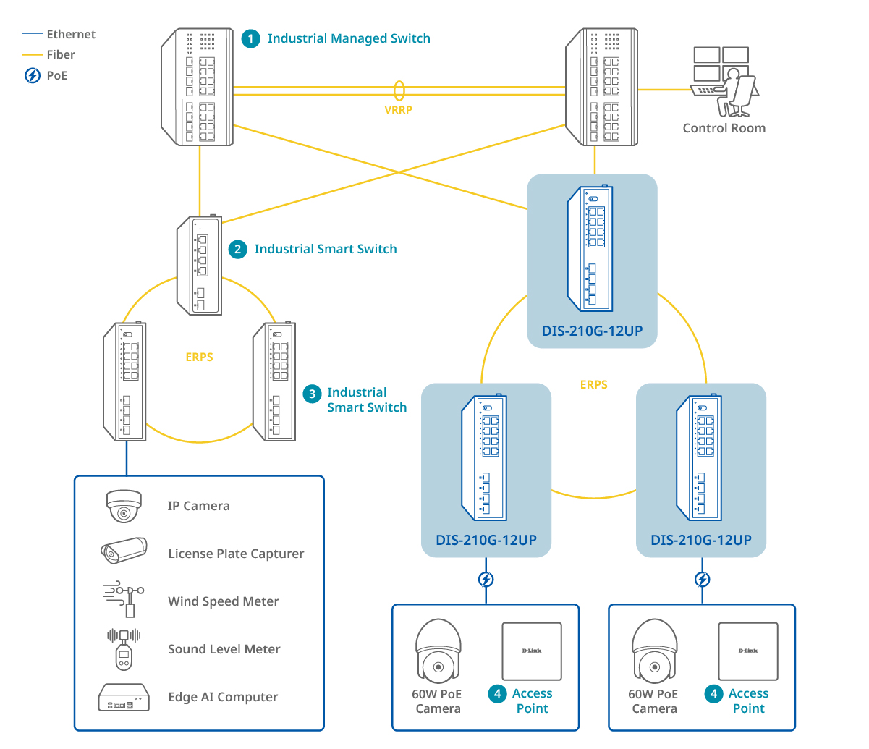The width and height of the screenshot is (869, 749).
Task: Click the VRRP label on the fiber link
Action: pos(398,110)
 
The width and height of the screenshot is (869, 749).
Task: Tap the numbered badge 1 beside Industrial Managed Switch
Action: pos(250,39)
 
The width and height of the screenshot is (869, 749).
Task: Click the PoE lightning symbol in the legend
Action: pos(33,75)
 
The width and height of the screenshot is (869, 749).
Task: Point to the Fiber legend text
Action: pos(61,55)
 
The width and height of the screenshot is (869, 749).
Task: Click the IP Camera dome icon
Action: pos(124,506)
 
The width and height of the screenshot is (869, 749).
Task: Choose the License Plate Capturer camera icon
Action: pos(124,551)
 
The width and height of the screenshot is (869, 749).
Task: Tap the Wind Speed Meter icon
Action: pos(124,599)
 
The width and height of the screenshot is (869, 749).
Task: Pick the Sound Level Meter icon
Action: pos(124,648)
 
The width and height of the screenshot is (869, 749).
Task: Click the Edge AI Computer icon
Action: pos(124,697)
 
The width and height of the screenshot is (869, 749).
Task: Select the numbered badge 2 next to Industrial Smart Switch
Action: pos(237,249)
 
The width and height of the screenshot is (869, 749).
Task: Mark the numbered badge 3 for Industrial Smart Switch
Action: pos(312,394)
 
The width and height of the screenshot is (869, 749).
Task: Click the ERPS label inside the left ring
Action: pos(200,357)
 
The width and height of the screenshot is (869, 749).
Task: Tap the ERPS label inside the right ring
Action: pos(594,385)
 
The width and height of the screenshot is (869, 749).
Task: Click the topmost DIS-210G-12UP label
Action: pos(592,331)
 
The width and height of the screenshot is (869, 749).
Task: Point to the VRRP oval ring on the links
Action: pos(399,90)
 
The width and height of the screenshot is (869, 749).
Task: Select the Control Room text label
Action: pos(724,128)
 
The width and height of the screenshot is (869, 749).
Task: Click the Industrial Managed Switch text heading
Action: pos(349,39)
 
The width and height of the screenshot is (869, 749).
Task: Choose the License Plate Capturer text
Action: pos(236,554)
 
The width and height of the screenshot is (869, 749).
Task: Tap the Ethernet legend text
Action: pos(71,35)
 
